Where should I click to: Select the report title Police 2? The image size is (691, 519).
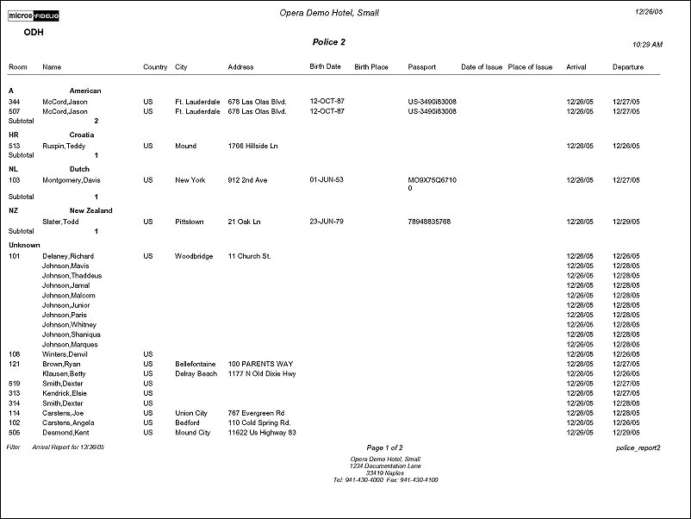(328, 41)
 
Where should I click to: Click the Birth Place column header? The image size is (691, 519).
(371, 66)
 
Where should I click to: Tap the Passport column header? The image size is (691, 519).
(422, 66)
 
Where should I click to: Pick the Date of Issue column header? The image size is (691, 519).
(482, 66)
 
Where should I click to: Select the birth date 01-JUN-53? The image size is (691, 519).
(327, 180)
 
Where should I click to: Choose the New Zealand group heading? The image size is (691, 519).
(91, 210)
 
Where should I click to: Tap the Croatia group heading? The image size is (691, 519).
(82, 134)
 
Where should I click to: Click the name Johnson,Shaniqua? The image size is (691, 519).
(72, 335)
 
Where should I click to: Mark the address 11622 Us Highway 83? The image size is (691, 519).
(262, 432)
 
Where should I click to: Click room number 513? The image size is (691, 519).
(15, 146)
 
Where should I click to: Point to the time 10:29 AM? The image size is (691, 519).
(647, 44)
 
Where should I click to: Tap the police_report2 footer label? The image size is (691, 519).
(638, 448)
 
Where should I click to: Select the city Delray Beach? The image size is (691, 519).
(196, 373)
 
